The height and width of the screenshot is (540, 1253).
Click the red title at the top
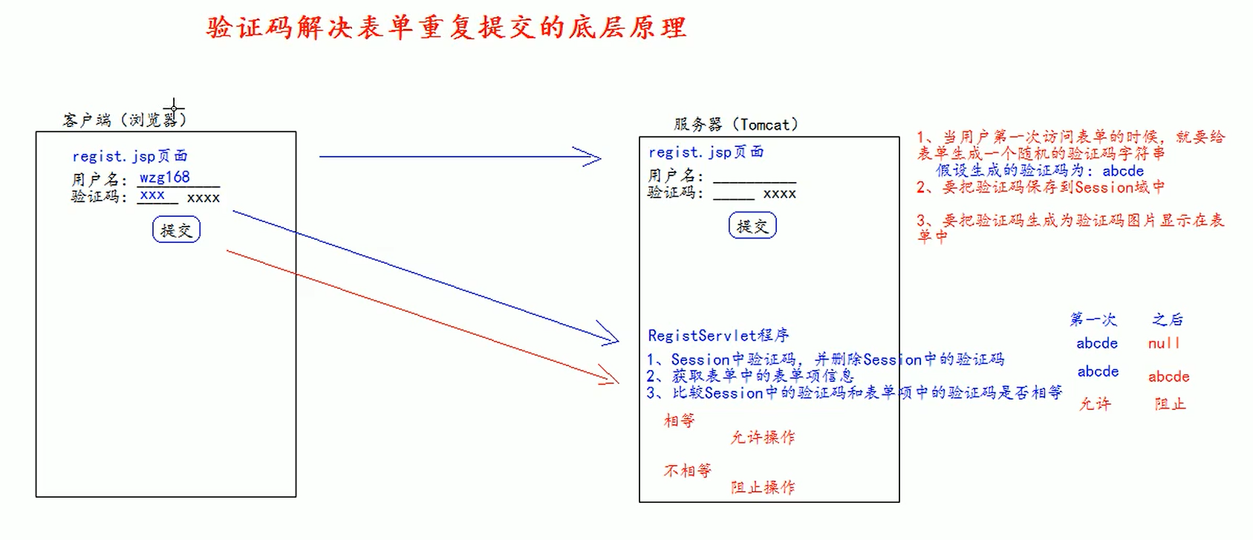(446, 27)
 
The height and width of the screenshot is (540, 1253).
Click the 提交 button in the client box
(176, 230)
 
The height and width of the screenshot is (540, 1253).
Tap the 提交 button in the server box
(752, 226)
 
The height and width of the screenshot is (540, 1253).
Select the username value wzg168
(165, 178)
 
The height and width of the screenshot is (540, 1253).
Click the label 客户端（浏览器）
(124, 119)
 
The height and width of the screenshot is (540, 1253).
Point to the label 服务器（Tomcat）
(735, 124)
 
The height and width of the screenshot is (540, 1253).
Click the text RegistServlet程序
(717, 335)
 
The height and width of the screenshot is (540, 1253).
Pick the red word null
(1164, 343)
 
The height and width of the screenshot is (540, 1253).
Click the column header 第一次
(1093, 319)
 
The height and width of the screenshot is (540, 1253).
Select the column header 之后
(1168, 319)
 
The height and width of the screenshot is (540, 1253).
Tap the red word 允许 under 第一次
(1095, 403)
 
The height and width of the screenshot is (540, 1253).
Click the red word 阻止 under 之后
(1170, 403)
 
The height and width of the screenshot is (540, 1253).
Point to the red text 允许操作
(763, 437)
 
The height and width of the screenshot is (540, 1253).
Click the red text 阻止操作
(763, 487)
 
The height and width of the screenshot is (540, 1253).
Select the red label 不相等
(687, 470)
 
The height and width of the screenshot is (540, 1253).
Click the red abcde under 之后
(1168, 377)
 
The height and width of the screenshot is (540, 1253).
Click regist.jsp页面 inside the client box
(129, 156)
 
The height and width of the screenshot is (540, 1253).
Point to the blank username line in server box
(754, 178)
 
